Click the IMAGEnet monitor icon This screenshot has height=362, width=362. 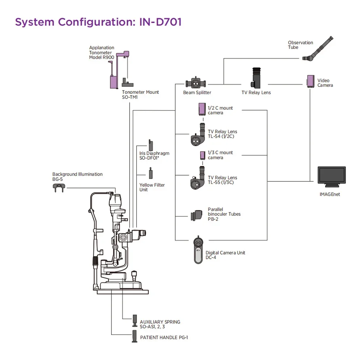(x=332, y=176)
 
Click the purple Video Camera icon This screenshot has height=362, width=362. (x=311, y=81)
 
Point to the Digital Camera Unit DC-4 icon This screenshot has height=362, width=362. (x=198, y=250)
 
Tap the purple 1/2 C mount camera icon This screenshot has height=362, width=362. (x=202, y=109)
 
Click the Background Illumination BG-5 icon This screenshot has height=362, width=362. (x=59, y=187)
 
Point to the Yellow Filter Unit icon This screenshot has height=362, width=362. (x=151, y=173)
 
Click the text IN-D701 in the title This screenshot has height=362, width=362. (x=160, y=22)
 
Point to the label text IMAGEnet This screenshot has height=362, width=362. (x=330, y=194)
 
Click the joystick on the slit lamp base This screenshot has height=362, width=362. (x=135, y=275)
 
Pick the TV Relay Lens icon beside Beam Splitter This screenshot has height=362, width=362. (x=257, y=77)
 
